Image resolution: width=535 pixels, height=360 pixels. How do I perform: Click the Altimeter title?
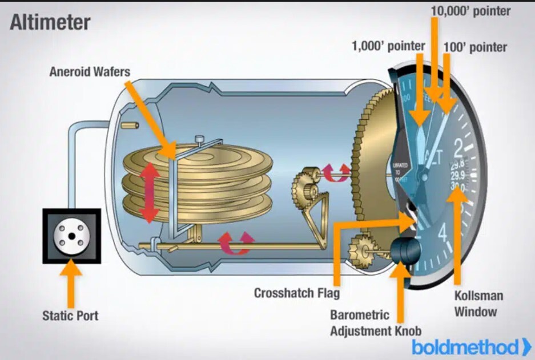(x=50, y=22)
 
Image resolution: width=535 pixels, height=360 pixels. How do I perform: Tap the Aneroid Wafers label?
(x=90, y=72)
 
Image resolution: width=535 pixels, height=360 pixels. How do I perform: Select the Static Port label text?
(x=70, y=315)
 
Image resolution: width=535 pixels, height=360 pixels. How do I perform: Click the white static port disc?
(x=71, y=236)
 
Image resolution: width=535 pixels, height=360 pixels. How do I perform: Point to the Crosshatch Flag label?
(x=296, y=293)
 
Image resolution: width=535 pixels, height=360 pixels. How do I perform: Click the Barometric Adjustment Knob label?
(x=375, y=322)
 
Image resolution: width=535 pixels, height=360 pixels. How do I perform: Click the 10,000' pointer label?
(x=470, y=11)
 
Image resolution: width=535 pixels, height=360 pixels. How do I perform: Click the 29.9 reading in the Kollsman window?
(x=457, y=176)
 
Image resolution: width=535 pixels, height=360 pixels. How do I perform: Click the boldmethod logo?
(x=472, y=346)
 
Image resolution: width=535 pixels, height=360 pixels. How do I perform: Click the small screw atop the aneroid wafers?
(x=199, y=139)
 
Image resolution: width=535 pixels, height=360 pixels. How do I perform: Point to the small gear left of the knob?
(x=361, y=250)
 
